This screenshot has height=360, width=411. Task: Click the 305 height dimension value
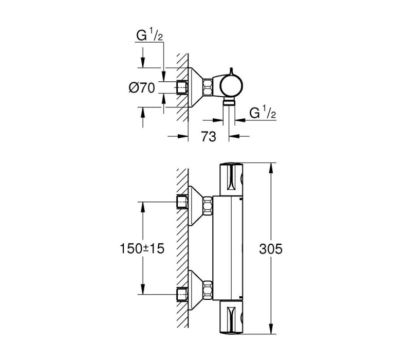click(x=271, y=249)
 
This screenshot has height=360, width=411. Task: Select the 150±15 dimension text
click(x=142, y=248)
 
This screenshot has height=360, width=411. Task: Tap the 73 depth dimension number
click(x=209, y=136)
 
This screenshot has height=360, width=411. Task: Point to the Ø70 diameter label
click(x=142, y=87)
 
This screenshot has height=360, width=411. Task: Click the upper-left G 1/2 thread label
click(x=150, y=35)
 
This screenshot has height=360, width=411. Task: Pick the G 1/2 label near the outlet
click(x=263, y=112)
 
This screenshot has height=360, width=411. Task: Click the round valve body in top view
click(x=231, y=86)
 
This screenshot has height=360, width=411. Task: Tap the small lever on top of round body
click(x=231, y=71)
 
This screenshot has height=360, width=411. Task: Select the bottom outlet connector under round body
click(x=229, y=102)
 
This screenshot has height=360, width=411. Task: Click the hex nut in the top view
click(x=208, y=87)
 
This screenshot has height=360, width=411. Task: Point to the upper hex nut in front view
click(x=208, y=205)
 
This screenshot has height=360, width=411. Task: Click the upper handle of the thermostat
click(x=231, y=179)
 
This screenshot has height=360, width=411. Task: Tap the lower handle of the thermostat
click(x=231, y=317)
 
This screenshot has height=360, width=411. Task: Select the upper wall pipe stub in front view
click(x=182, y=202)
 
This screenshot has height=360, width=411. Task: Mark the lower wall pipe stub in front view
click(x=182, y=294)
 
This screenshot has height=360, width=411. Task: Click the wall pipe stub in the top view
click(x=182, y=87)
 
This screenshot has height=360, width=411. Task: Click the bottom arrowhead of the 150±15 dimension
click(x=143, y=289)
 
